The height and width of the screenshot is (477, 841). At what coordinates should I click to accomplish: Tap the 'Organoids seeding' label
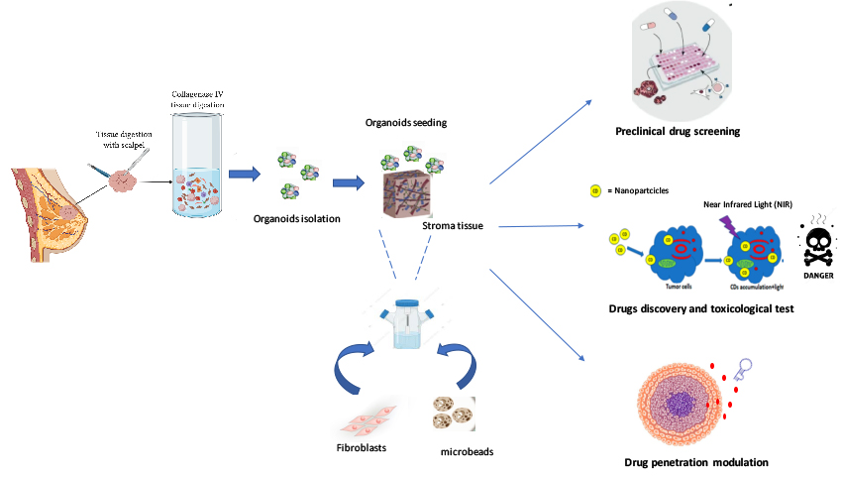coord(405,123)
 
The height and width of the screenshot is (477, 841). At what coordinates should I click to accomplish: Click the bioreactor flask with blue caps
coord(406,321)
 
